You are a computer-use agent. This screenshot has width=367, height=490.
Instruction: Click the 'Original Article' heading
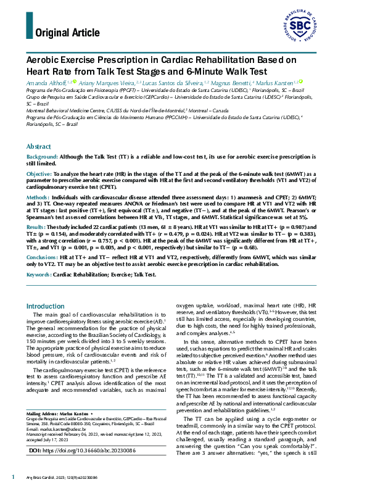[x=67, y=33]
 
